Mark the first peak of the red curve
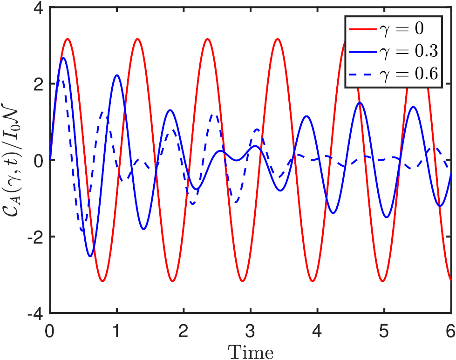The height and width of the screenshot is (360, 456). tap(68, 39)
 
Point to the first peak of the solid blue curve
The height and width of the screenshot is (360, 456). tap(63, 58)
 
